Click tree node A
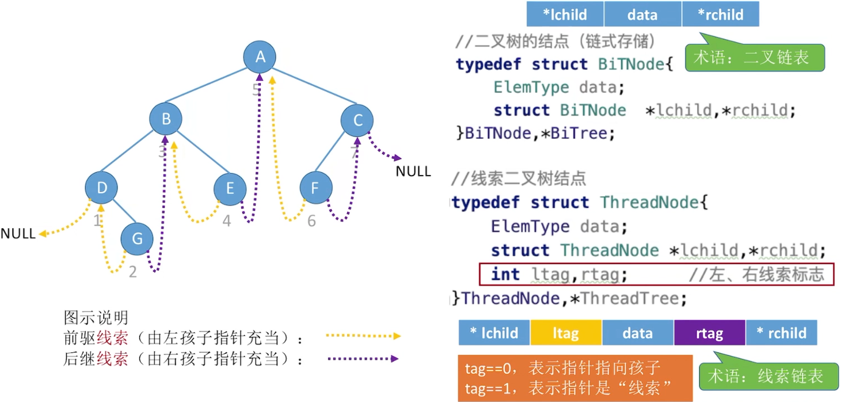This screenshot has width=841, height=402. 260,56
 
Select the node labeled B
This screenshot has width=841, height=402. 166,119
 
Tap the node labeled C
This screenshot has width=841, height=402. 357,120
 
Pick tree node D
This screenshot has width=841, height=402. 101,188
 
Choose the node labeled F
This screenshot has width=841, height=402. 316,188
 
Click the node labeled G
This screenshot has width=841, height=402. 137,238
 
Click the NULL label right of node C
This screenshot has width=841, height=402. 413,171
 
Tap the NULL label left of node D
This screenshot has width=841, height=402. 18,234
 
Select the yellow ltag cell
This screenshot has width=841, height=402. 565,333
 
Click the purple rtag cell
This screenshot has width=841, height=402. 709,333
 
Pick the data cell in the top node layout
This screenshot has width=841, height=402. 642,14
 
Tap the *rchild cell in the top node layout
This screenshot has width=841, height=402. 720,14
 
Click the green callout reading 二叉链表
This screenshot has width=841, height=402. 755,58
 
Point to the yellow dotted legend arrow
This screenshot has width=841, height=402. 363,336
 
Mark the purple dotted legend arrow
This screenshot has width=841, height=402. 363,359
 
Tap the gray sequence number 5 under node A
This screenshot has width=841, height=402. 257,89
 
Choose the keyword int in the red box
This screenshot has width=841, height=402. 505,275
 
